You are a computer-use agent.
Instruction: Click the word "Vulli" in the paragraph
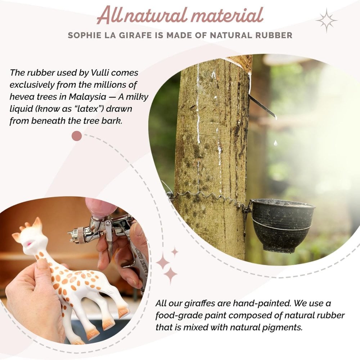100,73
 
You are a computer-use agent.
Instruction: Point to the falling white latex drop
275,143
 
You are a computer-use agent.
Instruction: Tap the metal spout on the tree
262,107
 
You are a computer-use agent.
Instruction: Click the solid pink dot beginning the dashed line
77,136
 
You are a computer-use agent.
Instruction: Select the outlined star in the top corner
326,21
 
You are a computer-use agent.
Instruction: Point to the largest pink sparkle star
170,275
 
